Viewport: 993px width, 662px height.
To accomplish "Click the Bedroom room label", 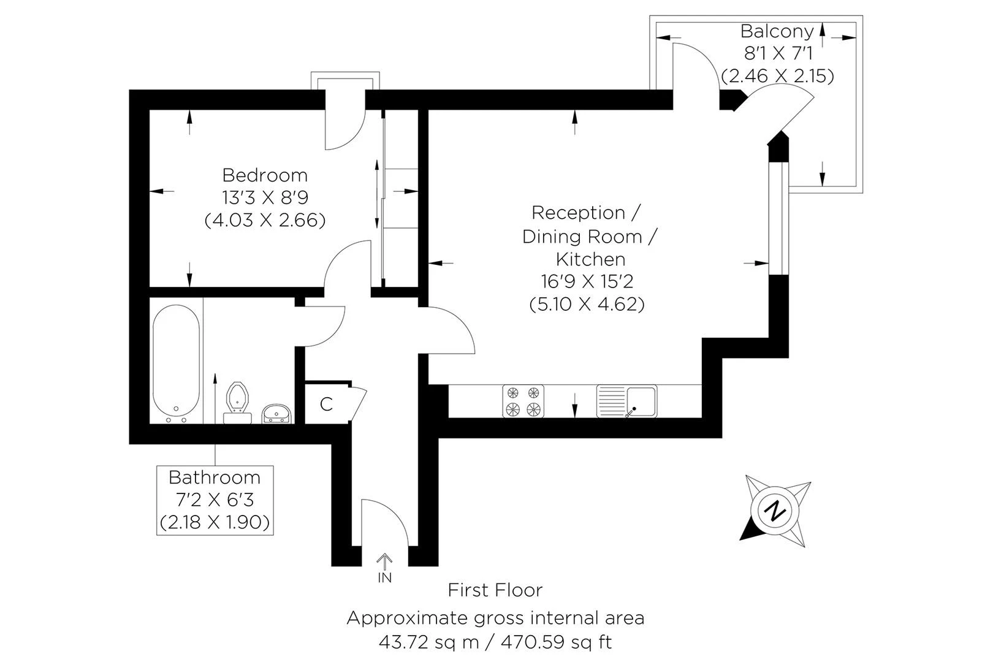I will (x=265, y=175).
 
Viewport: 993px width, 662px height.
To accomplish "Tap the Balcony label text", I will (x=777, y=31).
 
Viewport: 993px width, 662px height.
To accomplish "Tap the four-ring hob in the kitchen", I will (x=523, y=401).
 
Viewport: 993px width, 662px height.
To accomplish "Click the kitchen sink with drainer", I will (x=626, y=401).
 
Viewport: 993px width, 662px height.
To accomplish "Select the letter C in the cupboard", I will (x=326, y=404).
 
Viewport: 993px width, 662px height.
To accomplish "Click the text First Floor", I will (x=495, y=590).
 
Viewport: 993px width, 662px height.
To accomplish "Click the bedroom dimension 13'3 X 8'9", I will (x=265, y=198).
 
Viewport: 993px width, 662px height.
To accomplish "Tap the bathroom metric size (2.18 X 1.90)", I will (x=215, y=522).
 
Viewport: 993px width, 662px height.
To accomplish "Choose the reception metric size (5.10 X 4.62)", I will (x=587, y=304).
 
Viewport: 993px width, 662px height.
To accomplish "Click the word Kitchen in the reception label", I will (x=590, y=259).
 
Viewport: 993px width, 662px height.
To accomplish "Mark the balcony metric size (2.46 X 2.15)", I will (x=777, y=76).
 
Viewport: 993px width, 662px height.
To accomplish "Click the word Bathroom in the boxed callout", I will (x=215, y=477).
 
